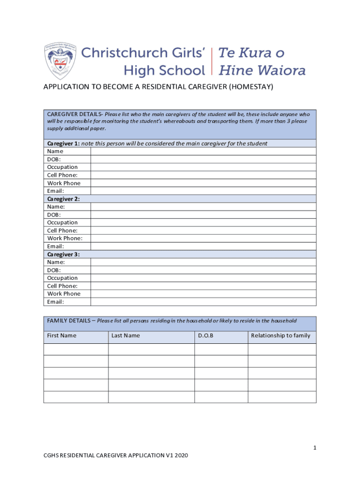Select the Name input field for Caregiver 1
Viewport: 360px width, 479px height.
203,151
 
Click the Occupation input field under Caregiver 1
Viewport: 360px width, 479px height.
203,167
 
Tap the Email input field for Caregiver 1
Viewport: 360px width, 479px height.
203,191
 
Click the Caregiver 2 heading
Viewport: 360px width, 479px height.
64,199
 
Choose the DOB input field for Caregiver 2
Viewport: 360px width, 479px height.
203,215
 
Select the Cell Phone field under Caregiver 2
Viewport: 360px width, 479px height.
203,231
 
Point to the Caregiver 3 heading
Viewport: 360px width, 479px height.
64,254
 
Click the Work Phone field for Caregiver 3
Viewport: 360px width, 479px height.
203,294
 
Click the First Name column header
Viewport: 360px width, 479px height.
62,335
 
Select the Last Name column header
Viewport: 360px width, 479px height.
126,335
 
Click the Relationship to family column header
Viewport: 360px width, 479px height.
281,335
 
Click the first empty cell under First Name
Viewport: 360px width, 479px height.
76,349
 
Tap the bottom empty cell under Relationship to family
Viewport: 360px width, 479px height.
282,397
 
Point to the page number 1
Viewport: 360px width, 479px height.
315,448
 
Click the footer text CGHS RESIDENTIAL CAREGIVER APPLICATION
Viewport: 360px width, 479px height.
110,456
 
